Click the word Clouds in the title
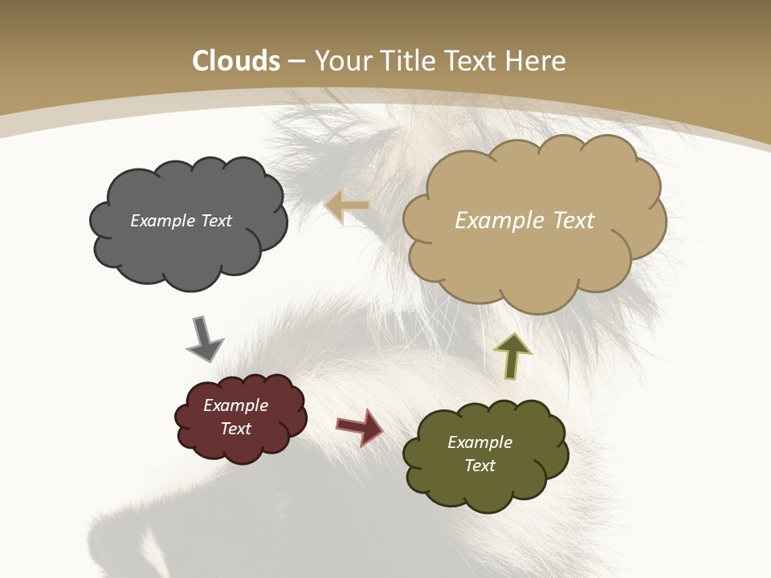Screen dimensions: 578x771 pyautogui.click(x=236, y=61)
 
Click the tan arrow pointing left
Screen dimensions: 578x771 pyautogui.click(x=346, y=206)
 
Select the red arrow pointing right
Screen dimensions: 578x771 pyautogui.click(x=360, y=426)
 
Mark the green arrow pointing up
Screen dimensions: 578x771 pyautogui.click(x=512, y=356)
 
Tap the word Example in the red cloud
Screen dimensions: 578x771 pyautogui.click(x=235, y=405)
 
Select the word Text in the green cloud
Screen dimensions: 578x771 pyautogui.click(x=479, y=466)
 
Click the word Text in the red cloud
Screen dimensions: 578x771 pyautogui.click(x=235, y=429)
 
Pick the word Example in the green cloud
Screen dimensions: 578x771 pyautogui.click(x=479, y=442)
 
